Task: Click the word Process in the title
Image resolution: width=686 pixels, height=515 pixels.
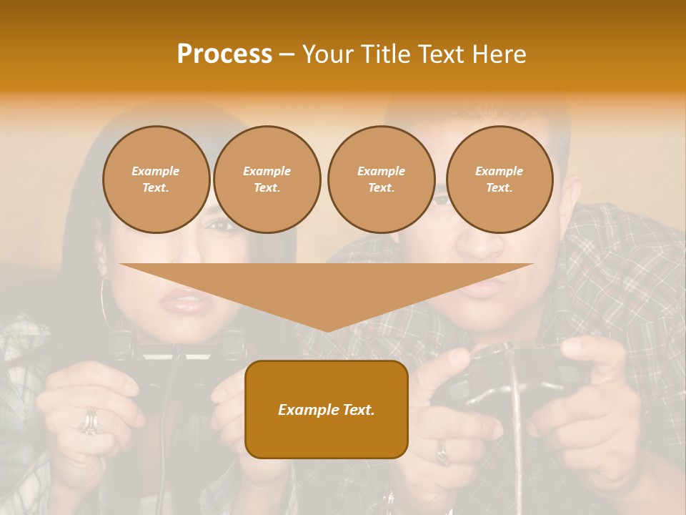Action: tap(224, 54)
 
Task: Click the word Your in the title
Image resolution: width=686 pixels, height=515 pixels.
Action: tap(327, 54)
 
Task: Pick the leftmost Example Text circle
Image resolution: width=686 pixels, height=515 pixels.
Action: tap(156, 180)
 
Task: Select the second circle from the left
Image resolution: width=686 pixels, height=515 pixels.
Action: tap(267, 180)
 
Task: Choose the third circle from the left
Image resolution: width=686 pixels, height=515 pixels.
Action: tap(381, 180)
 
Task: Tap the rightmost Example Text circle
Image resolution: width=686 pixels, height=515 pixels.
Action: tap(499, 180)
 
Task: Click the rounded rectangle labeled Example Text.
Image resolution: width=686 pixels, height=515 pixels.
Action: tap(327, 409)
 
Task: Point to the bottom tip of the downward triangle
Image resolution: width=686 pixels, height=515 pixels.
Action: tap(327, 330)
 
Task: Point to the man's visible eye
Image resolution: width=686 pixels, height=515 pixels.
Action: tap(442, 200)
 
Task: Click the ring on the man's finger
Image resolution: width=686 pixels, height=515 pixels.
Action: tap(443, 451)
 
